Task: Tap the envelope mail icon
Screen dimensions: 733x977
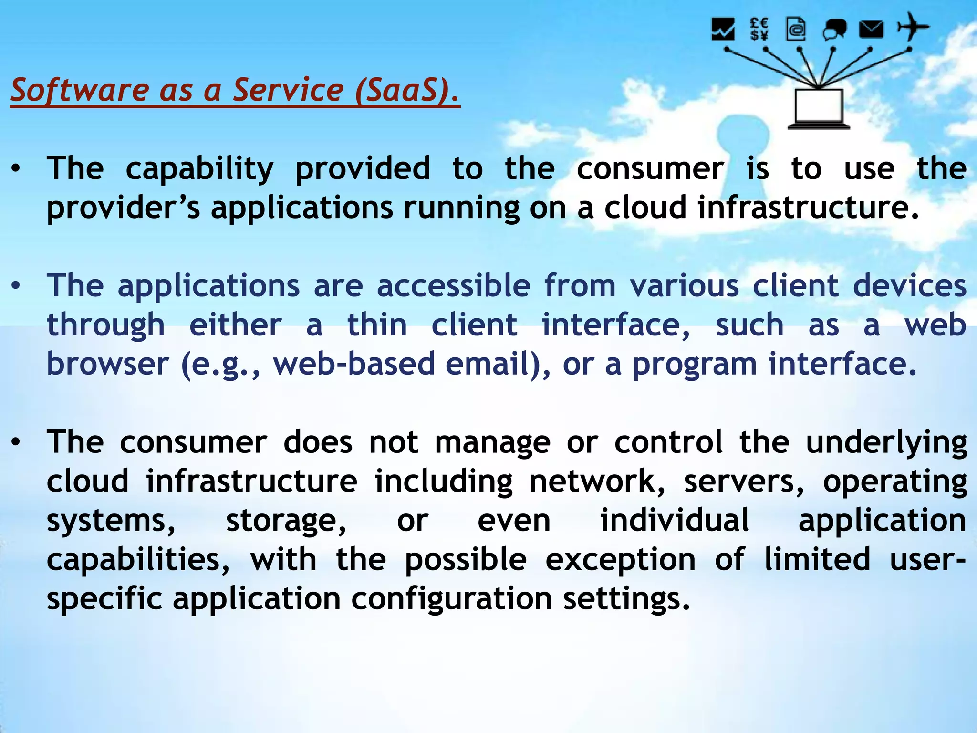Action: click(871, 30)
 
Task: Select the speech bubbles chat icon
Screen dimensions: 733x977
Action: click(834, 30)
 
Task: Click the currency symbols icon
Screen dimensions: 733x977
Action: click(759, 29)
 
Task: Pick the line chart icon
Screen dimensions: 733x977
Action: click(723, 29)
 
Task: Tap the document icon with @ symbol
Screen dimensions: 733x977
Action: click(796, 29)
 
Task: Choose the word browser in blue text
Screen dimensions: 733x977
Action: click(108, 364)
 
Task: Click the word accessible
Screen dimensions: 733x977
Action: click(453, 286)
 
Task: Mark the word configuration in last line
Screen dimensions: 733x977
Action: click(451, 599)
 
